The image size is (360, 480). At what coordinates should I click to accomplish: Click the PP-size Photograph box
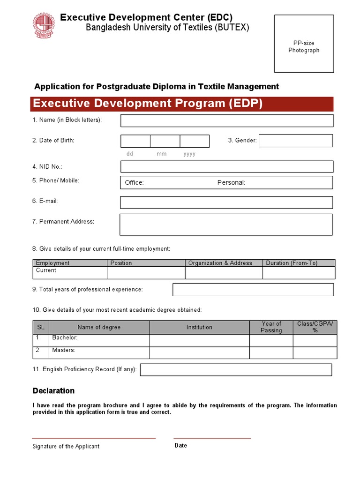(304, 44)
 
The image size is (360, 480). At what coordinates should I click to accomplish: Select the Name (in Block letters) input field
(227, 120)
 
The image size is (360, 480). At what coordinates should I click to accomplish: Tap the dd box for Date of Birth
(135, 141)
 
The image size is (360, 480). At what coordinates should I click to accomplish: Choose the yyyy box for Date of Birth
(195, 141)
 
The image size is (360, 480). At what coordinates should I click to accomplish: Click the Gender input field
(295, 141)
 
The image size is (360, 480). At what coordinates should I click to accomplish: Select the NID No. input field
(227, 166)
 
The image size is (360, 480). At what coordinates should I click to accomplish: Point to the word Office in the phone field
(134, 183)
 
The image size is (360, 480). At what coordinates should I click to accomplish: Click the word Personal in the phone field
(231, 183)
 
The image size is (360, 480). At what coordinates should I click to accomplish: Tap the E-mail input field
(227, 202)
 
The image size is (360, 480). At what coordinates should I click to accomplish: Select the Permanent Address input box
(226, 224)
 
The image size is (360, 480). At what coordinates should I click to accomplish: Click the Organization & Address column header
(220, 263)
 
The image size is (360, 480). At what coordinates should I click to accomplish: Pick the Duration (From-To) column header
(292, 263)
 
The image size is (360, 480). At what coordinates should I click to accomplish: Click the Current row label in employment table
(46, 270)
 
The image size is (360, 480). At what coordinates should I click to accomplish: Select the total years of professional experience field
(253, 290)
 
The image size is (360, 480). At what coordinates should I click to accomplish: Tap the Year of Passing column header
(271, 327)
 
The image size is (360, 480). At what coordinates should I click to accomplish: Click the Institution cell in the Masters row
(199, 352)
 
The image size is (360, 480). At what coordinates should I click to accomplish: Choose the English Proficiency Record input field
(236, 370)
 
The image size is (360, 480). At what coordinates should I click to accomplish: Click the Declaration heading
(53, 391)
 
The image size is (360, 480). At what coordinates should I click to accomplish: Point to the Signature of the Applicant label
(66, 447)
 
